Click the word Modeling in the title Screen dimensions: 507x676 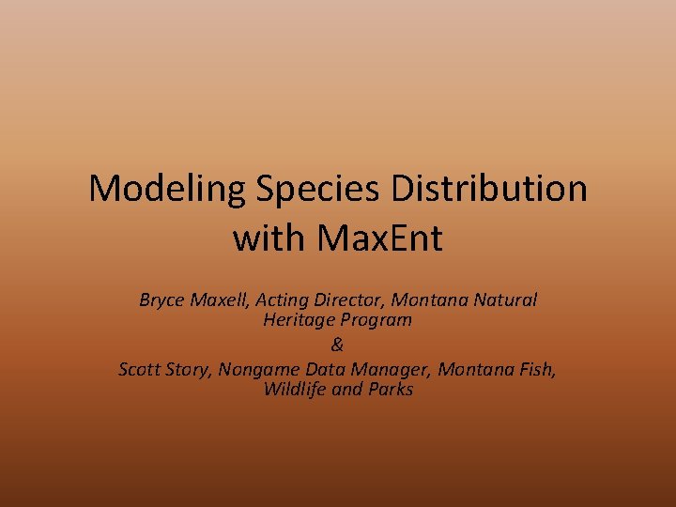coord(166,189)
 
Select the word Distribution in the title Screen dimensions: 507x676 coord(489,189)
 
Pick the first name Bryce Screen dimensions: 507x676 coord(162,300)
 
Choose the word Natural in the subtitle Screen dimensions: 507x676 coord(505,300)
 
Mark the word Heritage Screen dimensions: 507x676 coord(299,320)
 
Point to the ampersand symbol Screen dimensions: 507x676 coord(338,345)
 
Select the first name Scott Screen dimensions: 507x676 coord(141,369)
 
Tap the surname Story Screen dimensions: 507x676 coord(191,369)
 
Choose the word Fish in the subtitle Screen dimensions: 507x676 coord(536,369)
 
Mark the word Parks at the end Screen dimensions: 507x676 coord(390,389)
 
